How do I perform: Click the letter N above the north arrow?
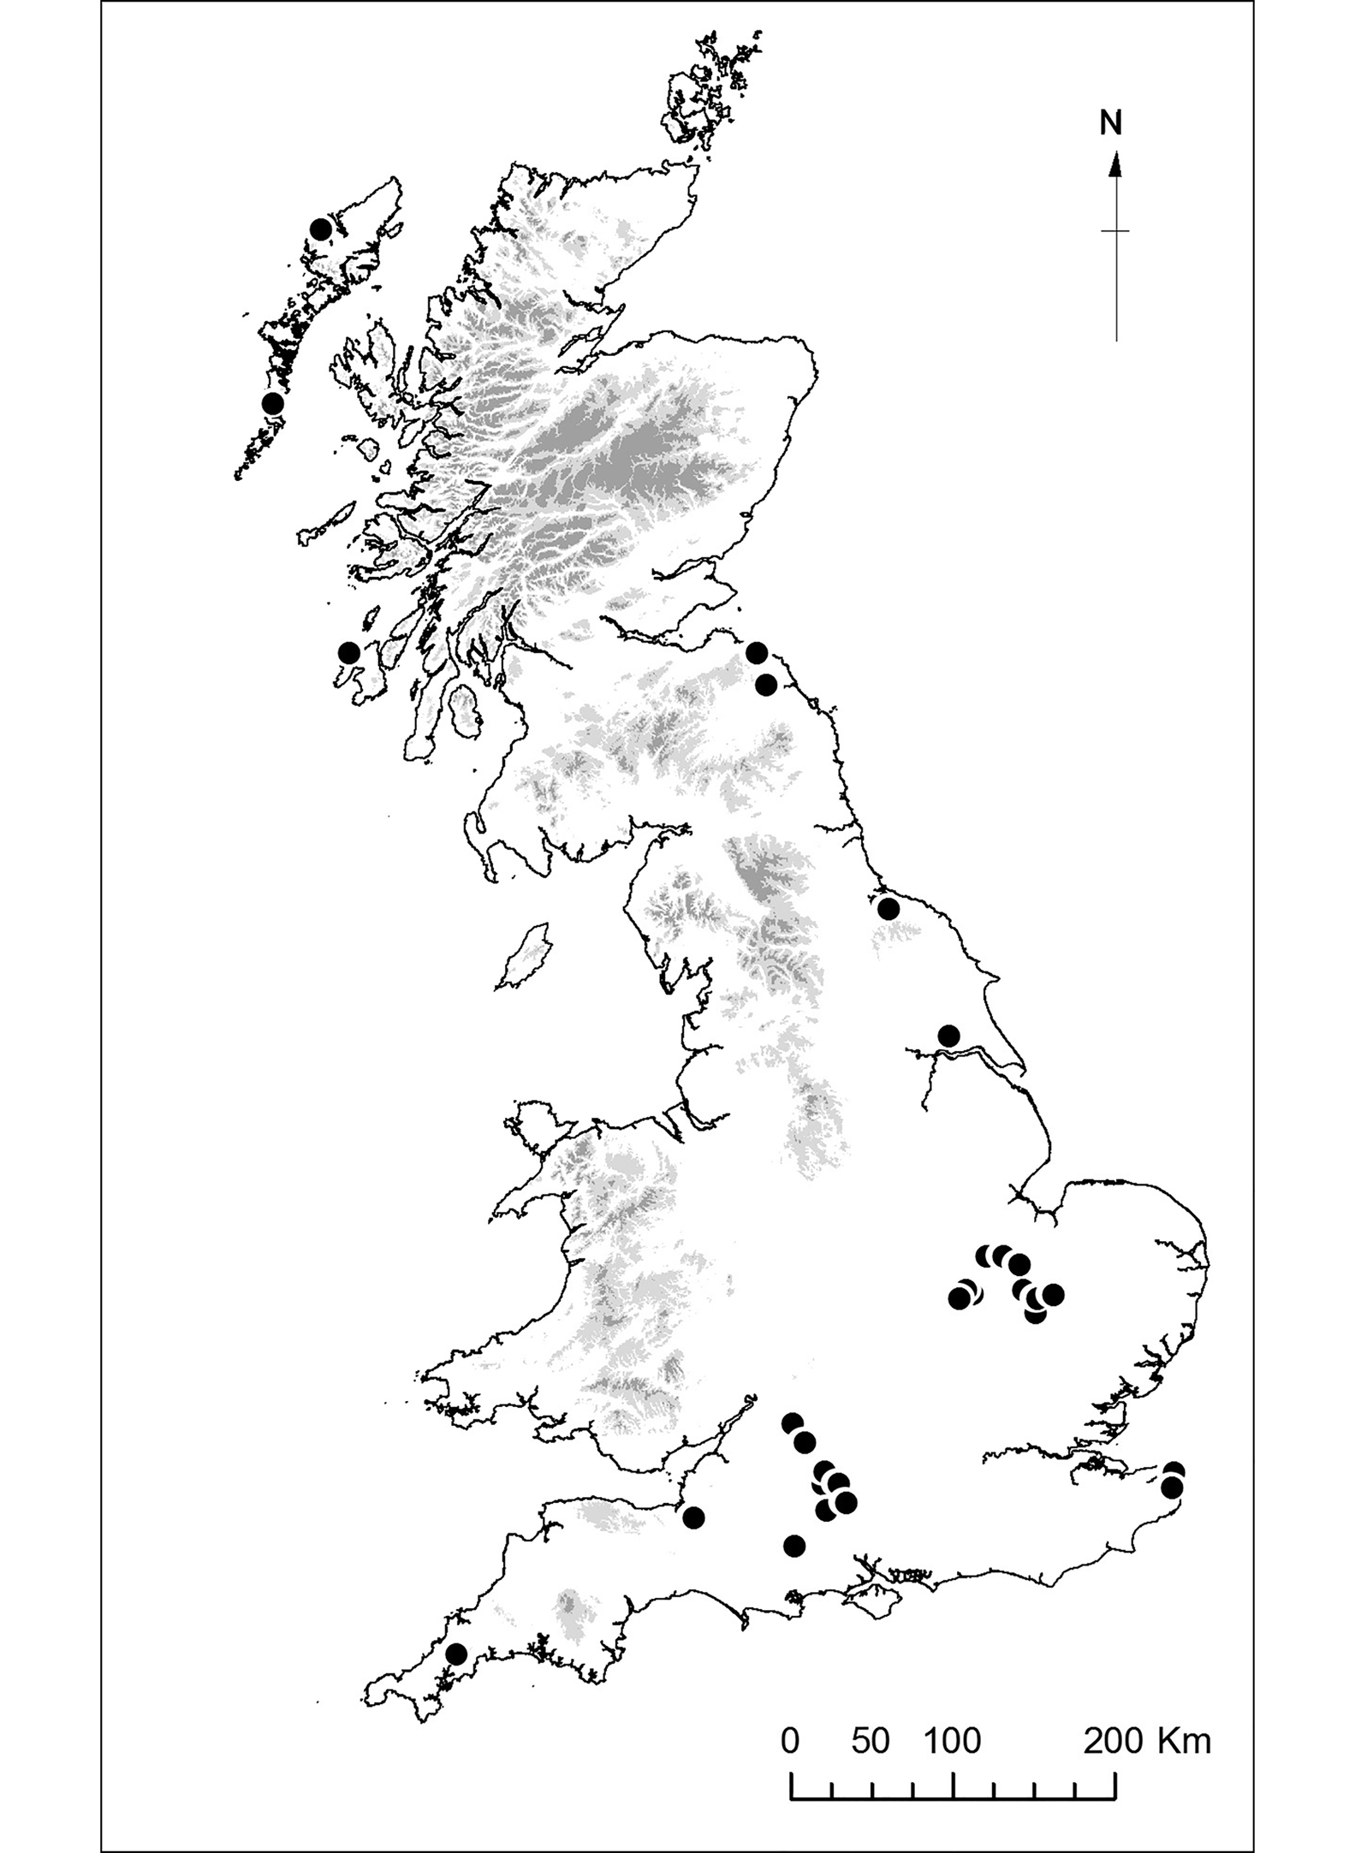click(1110, 124)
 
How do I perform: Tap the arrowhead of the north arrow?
click(1115, 164)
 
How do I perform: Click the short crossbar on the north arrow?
click(1115, 231)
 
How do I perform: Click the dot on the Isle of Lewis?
click(321, 229)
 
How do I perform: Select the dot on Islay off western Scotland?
click(348, 653)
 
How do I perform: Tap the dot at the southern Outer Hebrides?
click(273, 403)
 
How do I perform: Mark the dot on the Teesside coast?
click(888, 909)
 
